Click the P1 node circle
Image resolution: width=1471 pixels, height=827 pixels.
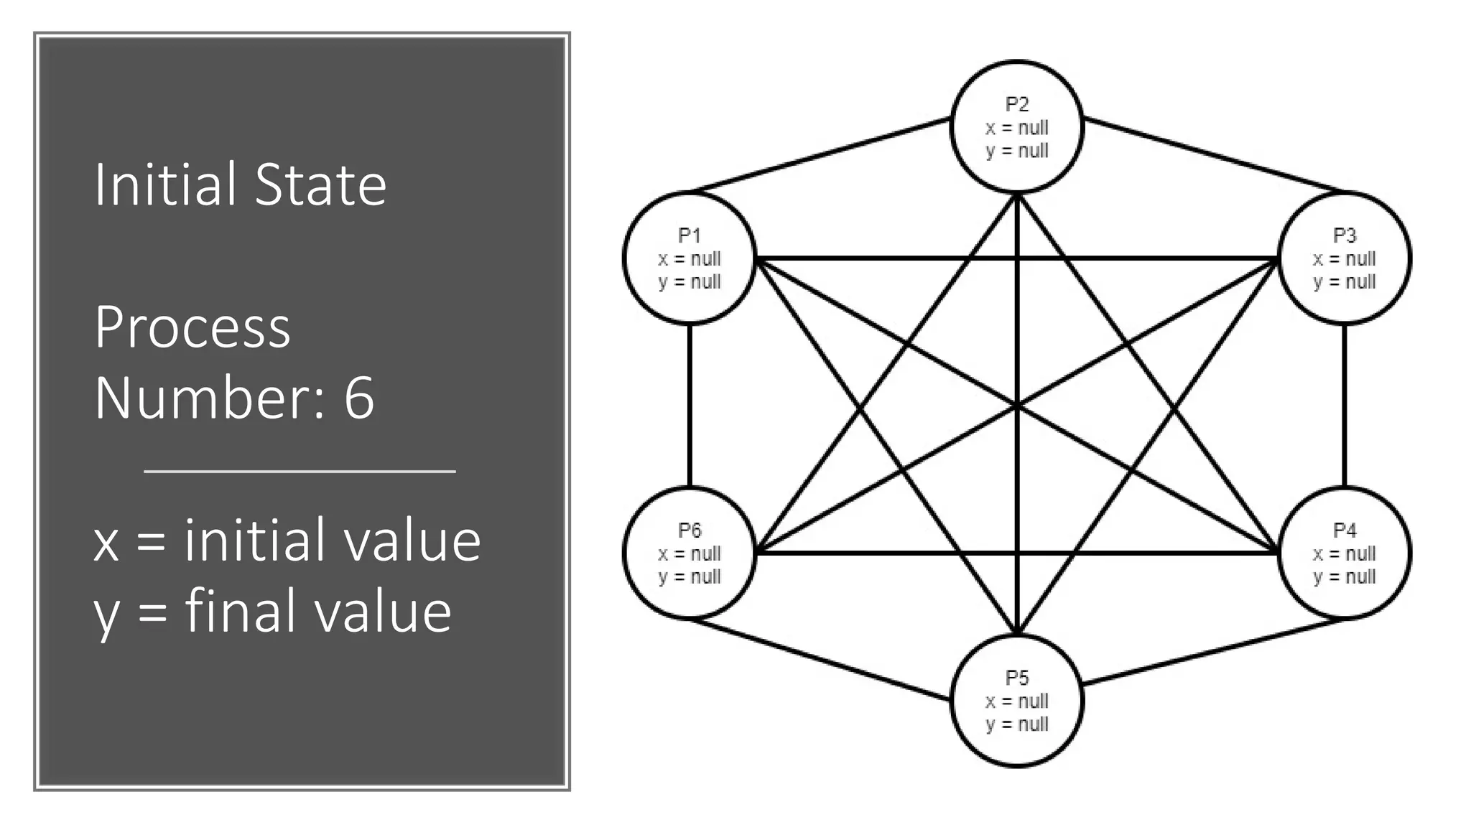point(689,258)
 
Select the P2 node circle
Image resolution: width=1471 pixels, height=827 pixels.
point(1016,127)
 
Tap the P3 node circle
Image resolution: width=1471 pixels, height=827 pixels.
point(1344,258)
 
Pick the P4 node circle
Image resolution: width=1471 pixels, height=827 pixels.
point(1344,553)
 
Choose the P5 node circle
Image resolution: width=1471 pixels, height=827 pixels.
point(1016,701)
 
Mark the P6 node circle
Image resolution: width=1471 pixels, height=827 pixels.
point(689,553)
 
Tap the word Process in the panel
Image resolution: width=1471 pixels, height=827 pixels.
point(192,327)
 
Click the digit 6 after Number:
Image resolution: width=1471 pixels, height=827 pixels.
point(359,398)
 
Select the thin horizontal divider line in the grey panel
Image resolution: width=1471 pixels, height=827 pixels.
point(300,472)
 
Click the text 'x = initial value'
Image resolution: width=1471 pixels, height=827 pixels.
point(287,540)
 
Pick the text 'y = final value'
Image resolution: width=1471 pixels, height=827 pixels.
point(273,611)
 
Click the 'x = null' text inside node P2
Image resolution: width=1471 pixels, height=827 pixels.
point(1016,128)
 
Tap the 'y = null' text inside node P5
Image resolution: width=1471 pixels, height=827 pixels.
point(1016,724)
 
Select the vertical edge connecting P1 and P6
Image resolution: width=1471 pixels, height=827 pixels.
point(690,406)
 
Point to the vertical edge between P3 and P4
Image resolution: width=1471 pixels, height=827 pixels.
point(1344,406)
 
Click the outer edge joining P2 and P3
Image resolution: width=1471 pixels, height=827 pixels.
point(1214,156)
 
